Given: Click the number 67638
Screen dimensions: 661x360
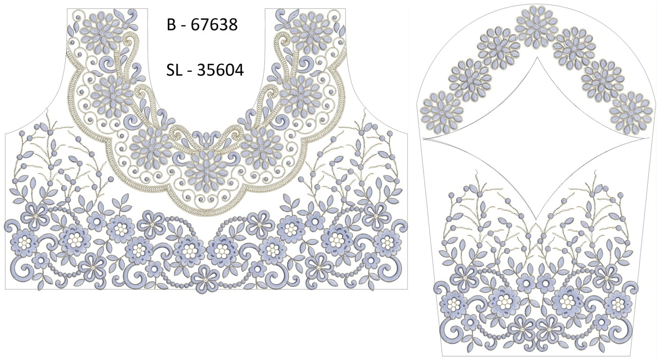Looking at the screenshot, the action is coord(214,24).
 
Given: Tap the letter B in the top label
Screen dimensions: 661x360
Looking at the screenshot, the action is coord(171,24).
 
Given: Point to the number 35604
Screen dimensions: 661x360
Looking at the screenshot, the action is coord(220,70).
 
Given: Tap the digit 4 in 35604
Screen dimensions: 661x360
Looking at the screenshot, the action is coord(239,70).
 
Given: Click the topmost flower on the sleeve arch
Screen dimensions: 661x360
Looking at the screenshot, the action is coord(536,27).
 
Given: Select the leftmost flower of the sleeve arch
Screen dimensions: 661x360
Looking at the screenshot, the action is coord(442,112).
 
